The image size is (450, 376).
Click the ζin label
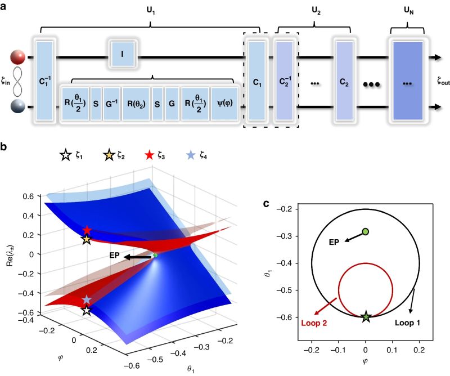coord(6,82)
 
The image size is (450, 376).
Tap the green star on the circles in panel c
coord(366,317)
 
